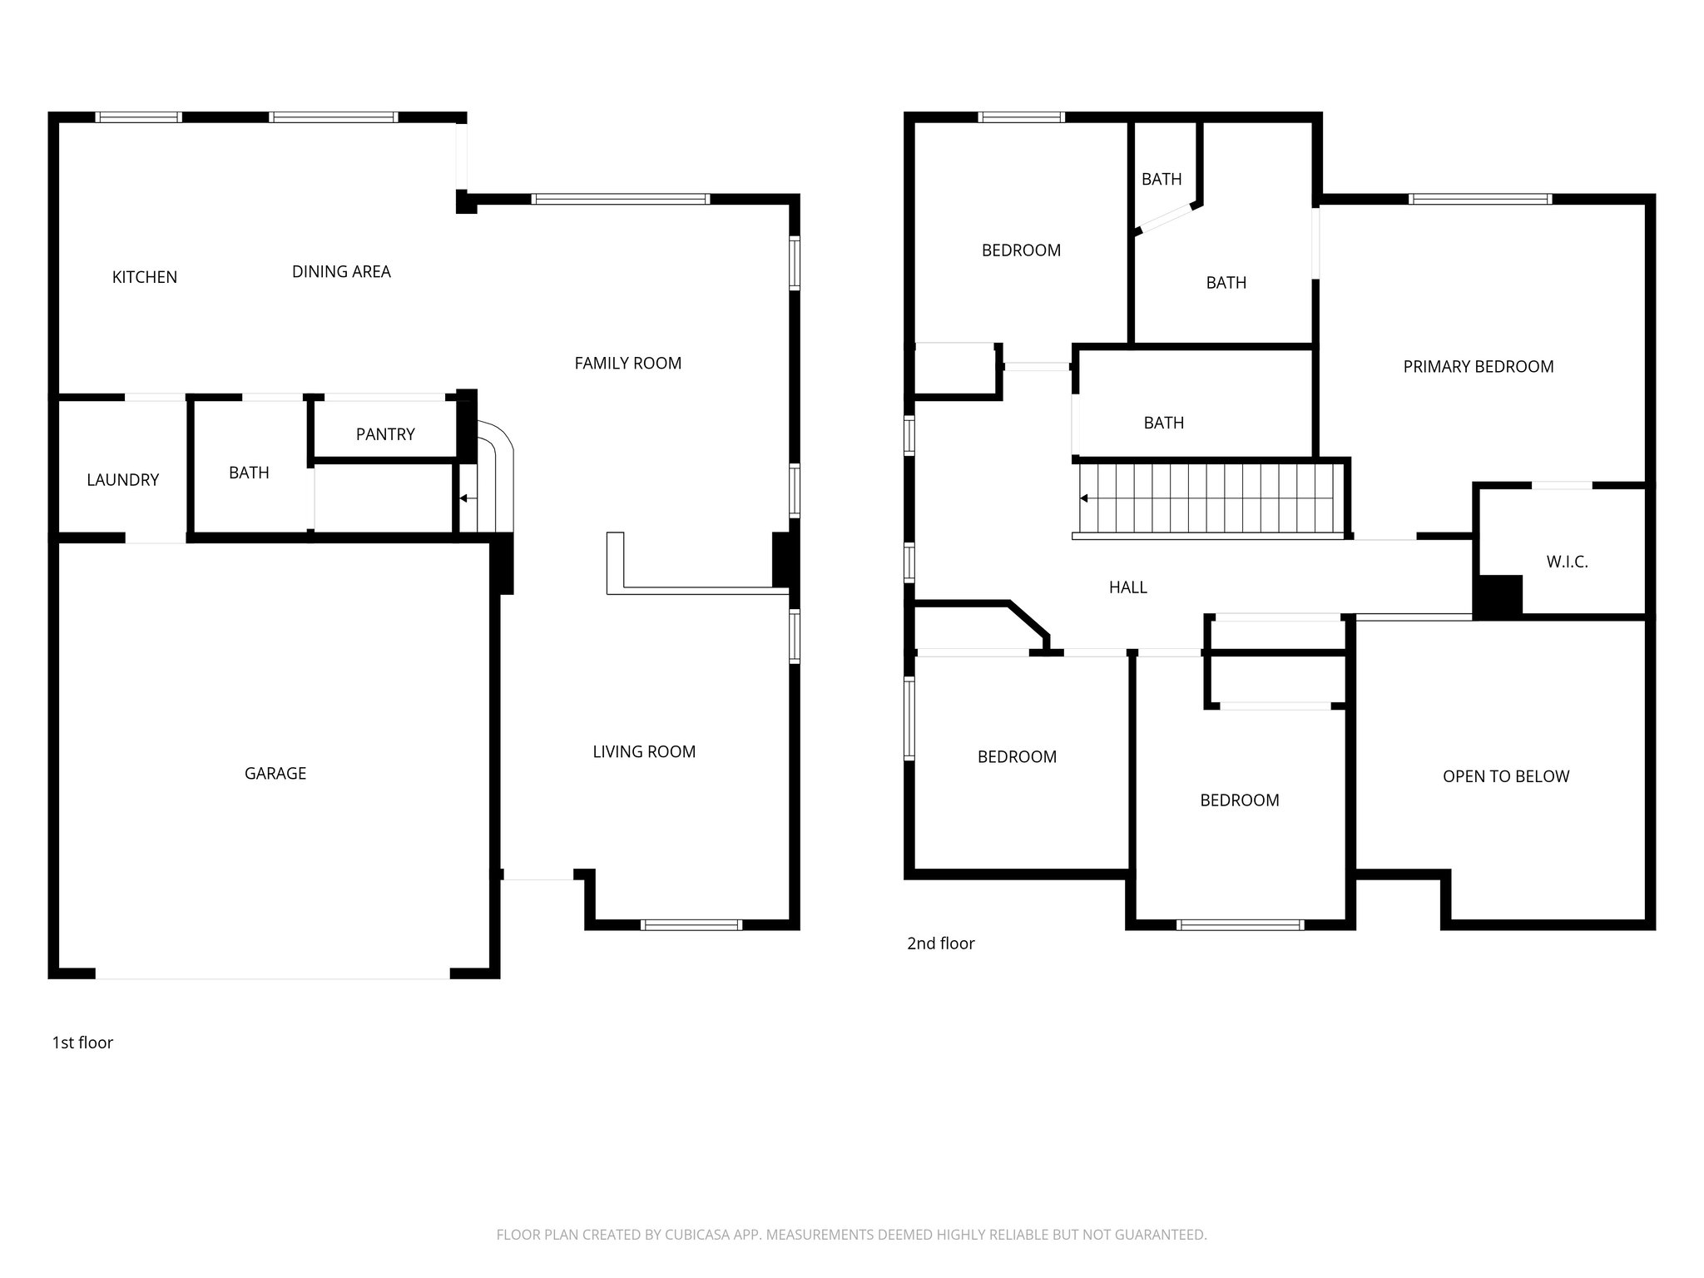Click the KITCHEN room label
[x=145, y=277]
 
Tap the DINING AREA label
[x=341, y=271]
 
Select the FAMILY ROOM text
[x=627, y=363]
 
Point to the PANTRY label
[x=384, y=433]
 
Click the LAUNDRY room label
[x=122, y=479]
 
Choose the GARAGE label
[x=275, y=773]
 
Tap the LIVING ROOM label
[x=644, y=751]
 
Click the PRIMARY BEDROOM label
[x=1478, y=366]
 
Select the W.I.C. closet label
[x=1567, y=562]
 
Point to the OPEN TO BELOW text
[x=1505, y=776]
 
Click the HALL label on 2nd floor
[x=1127, y=587]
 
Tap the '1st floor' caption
[x=82, y=1043]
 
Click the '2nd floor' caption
[x=940, y=943]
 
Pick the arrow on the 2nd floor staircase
[x=1085, y=498]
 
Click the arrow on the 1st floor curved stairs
[x=463, y=498]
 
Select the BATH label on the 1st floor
[x=249, y=473]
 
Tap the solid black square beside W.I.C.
[x=1498, y=596]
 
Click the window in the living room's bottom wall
[x=691, y=924]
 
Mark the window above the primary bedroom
[x=1480, y=199]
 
